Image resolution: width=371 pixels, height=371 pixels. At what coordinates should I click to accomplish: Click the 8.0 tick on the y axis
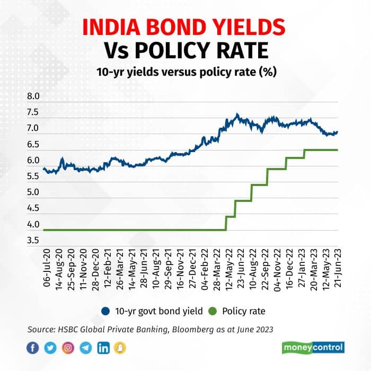33,96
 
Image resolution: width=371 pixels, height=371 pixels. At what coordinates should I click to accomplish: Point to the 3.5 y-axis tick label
33,241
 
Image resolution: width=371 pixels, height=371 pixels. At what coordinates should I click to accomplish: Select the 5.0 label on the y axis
33,192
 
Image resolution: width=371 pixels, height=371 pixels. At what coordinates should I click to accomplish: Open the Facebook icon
33,348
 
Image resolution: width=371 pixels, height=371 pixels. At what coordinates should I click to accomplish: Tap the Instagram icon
68,348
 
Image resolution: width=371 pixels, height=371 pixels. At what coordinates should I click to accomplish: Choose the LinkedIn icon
103,348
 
